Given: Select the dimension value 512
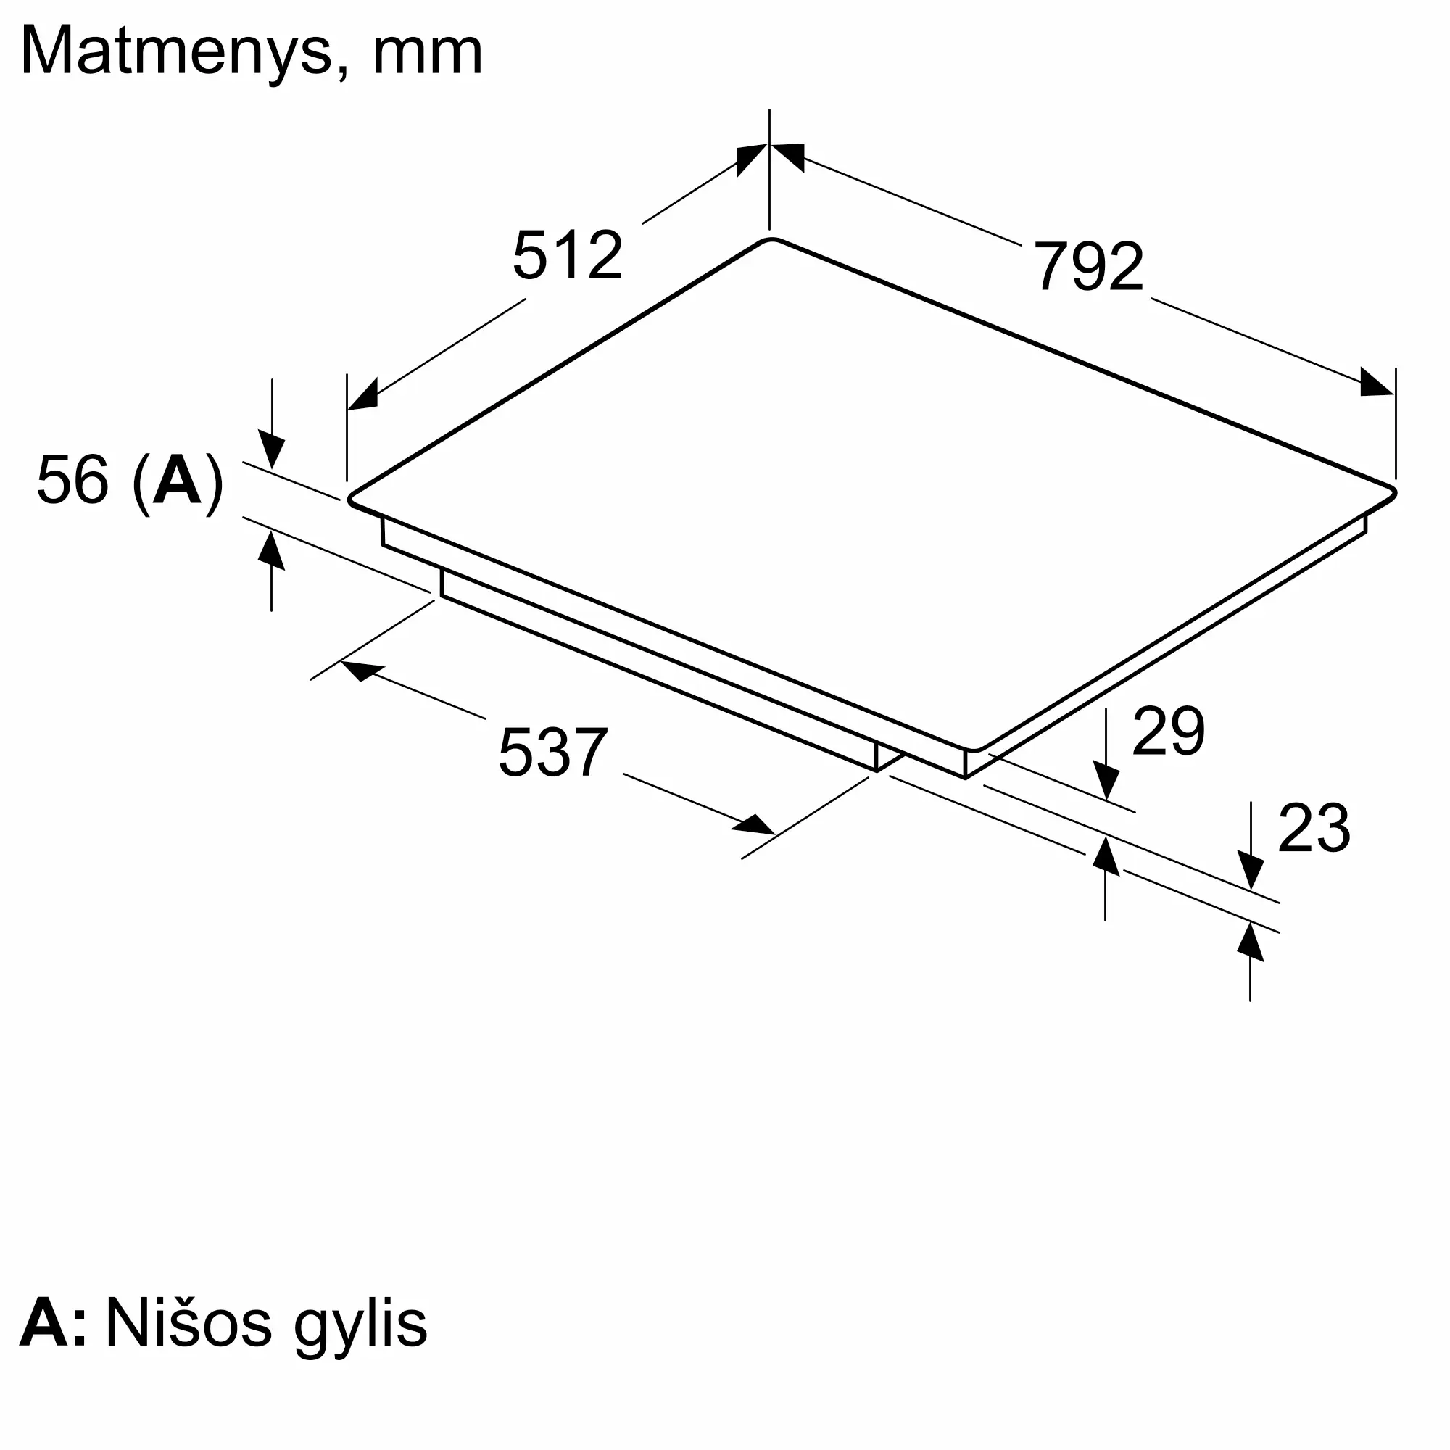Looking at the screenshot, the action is point(568,255).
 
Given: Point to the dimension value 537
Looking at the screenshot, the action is point(552,751).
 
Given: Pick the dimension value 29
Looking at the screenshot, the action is point(1168,730).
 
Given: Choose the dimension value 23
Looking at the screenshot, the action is point(1314,828).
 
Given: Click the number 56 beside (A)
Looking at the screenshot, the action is point(72,479).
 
